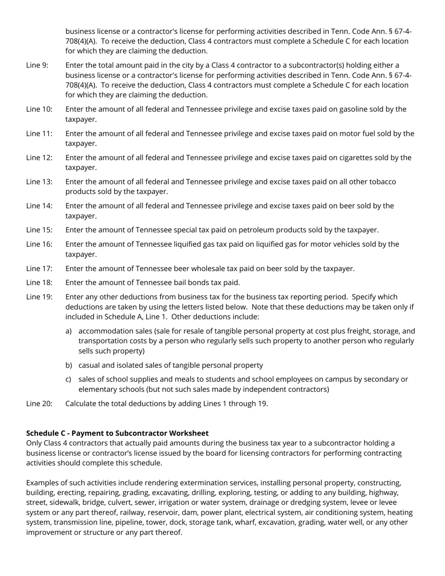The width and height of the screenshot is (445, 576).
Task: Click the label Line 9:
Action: (x=37, y=65)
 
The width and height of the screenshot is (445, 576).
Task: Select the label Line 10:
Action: (x=39, y=109)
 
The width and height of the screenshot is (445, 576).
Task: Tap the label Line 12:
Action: (x=39, y=157)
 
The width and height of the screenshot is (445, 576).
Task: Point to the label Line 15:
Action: (x=39, y=230)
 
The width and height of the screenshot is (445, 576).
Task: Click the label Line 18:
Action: (x=39, y=282)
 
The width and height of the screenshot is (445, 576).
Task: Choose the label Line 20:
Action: (x=39, y=403)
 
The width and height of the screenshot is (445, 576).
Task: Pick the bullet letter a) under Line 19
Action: (x=68, y=331)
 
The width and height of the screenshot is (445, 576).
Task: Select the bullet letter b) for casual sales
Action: (x=68, y=365)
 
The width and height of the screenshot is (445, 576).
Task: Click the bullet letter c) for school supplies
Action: (x=68, y=379)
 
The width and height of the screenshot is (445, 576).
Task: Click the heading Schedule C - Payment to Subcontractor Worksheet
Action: (x=117, y=433)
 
